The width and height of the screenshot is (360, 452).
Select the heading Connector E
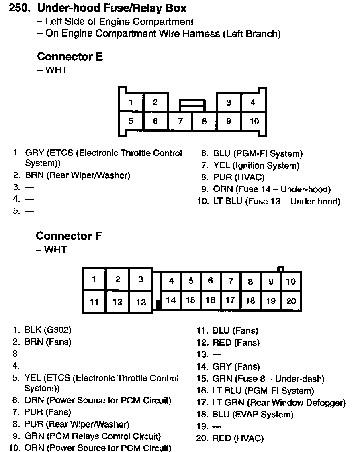pyautogui.click(x=70, y=57)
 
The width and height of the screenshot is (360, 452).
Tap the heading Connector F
pyautogui.click(x=69, y=236)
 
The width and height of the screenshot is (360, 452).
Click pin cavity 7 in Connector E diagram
pyautogui.click(x=180, y=121)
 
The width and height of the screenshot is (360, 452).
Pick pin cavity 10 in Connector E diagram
pyautogui.click(x=254, y=121)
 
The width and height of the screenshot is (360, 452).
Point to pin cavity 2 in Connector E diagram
pyautogui.click(x=155, y=102)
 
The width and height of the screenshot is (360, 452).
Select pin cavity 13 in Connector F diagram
pyautogui.click(x=141, y=302)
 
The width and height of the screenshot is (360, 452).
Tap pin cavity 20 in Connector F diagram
pyautogui.click(x=291, y=301)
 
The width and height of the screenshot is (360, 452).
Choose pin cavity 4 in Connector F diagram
pyautogui.click(x=171, y=281)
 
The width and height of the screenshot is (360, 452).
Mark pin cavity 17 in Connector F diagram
pyautogui.click(x=230, y=300)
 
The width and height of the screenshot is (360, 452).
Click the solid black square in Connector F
pyautogui.click(x=158, y=305)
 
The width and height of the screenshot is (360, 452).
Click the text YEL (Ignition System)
pyautogui.click(x=256, y=165)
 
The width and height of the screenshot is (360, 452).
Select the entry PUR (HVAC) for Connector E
pyautogui.click(x=239, y=177)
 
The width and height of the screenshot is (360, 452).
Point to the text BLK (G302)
pyautogui.click(x=48, y=330)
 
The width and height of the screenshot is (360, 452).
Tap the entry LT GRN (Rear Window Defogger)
pyautogui.click(x=279, y=402)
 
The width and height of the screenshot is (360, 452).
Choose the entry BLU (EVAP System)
pyautogui.click(x=253, y=414)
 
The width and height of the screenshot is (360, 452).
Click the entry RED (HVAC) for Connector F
pyautogui.click(x=238, y=438)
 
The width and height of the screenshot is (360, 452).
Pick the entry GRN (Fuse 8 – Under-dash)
pyautogui.click(x=268, y=379)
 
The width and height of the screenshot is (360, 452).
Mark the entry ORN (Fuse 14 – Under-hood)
pyautogui.click(x=272, y=189)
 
